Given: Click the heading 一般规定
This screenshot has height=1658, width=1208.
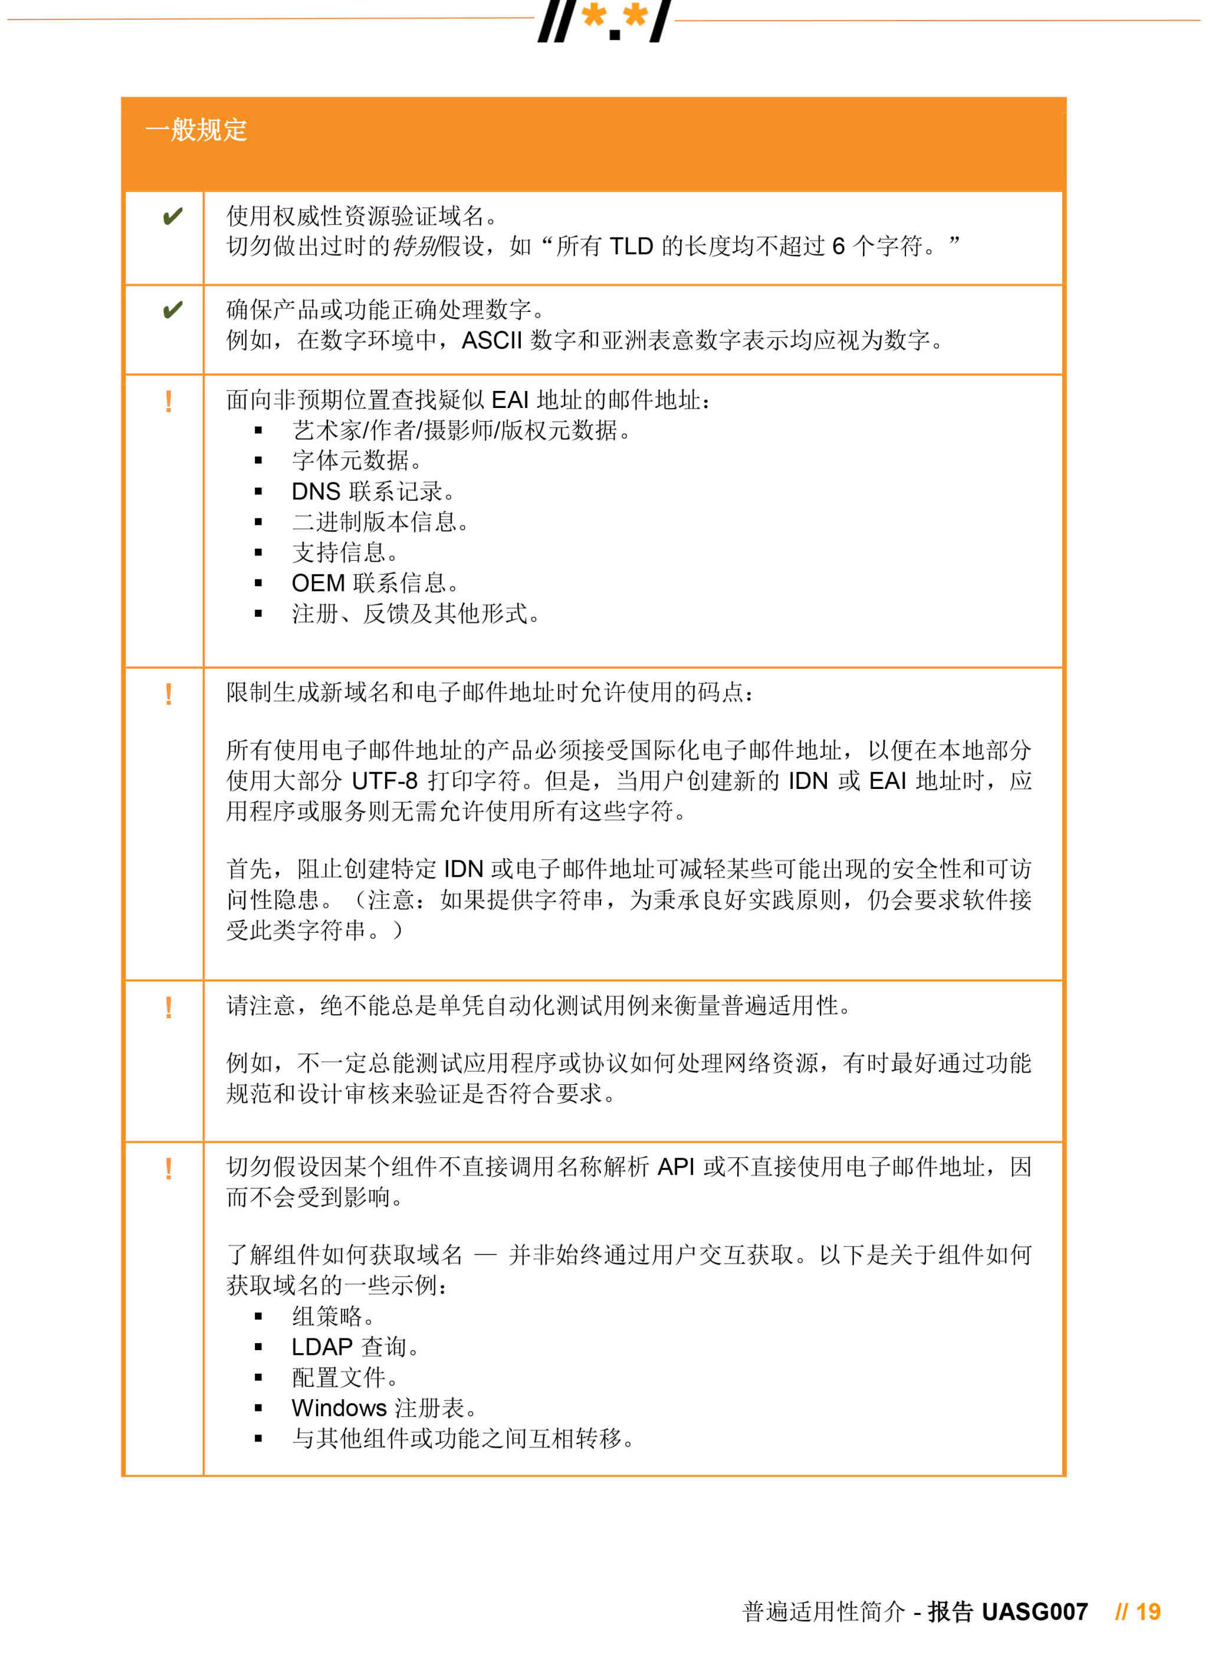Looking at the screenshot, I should (196, 130).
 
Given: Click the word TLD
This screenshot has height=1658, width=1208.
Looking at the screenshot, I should (631, 246).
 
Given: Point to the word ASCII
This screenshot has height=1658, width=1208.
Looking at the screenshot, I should (491, 341).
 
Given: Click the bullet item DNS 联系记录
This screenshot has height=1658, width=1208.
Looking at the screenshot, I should (372, 491).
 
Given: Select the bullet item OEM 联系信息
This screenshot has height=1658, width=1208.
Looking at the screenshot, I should (375, 583).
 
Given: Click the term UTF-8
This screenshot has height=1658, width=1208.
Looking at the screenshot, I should (384, 781).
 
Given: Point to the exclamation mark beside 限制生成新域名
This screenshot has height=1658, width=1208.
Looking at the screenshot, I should (169, 694).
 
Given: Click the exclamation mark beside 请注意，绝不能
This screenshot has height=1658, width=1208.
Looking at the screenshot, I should (169, 1008).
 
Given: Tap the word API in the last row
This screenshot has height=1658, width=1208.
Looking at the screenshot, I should (675, 1167).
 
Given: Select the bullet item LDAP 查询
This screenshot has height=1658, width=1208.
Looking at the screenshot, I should (354, 1347).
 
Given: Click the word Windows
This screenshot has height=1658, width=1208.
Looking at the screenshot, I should (339, 1408).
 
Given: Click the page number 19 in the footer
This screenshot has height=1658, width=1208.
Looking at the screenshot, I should (1148, 1612).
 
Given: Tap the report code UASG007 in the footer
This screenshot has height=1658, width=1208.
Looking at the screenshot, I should (1034, 1612).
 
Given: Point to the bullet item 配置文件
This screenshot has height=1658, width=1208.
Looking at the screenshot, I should (344, 1377).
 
